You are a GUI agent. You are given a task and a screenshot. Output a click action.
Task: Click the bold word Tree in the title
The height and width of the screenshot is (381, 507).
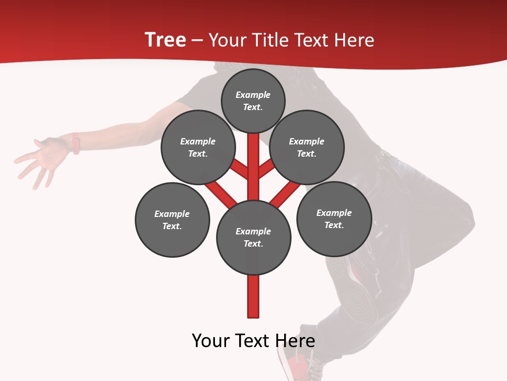pyautogui.click(x=165, y=40)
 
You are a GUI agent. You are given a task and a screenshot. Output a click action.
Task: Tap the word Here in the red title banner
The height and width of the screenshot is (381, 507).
pyautogui.click(x=355, y=40)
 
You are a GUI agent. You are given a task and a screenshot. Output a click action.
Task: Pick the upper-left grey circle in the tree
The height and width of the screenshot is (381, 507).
pyautogui.click(x=198, y=147)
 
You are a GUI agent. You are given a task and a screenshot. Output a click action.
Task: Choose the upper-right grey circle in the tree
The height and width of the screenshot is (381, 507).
pyautogui.click(x=307, y=147)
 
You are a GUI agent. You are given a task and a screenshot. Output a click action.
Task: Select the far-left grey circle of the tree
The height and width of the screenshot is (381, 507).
pyautogui.click(x=172, y=220)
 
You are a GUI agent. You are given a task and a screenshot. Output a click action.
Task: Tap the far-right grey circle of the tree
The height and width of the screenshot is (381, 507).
pyautogui.click(x=334, y=219)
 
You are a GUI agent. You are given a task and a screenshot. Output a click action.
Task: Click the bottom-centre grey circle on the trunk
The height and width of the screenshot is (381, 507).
pyautogui.click(x=253, y=237)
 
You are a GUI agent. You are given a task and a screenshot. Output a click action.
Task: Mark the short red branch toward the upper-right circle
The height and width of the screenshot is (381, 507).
pyautogui.click(x=266, y=169)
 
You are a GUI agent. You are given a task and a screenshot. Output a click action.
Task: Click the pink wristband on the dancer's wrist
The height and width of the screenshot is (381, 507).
pyautogui.click(x=76, y=143)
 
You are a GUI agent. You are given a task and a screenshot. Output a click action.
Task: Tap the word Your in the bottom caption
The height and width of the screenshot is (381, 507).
pyautogui.click(x=211, y=341)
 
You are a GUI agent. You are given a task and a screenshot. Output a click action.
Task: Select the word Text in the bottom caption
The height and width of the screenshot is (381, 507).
pyautogui.click(x=255, y=341)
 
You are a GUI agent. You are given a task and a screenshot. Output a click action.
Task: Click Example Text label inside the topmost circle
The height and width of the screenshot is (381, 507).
pyautogui.click(x=253, y=101)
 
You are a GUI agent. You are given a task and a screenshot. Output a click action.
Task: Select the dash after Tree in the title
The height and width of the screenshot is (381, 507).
pyautogui.click(x=197, y=41)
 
